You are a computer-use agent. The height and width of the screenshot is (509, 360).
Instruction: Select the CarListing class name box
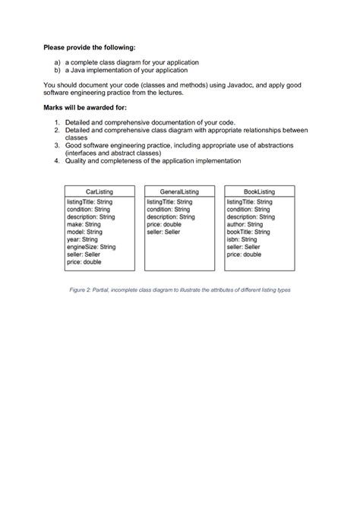point(100,191)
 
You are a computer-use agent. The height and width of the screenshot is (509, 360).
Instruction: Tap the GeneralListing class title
point(179,191)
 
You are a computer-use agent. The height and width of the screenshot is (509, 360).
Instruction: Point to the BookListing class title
point(259,191)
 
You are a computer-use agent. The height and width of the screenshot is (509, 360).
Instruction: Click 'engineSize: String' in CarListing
point(91,247)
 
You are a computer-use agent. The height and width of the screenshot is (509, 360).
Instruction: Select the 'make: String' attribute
point(84,225)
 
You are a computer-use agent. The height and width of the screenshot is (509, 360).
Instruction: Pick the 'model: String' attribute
point(85,232)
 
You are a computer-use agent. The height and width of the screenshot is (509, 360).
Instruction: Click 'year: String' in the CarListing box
point(83,240)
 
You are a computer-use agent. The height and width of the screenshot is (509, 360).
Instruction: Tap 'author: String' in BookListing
point(245,225)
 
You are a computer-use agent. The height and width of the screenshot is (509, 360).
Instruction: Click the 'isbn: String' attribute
point(242,240)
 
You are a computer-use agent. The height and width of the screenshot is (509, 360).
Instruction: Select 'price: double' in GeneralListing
point(164,225)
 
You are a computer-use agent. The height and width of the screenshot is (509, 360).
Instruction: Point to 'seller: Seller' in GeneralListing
point(163,232)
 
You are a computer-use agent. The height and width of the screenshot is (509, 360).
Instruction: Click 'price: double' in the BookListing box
point(244,254)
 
